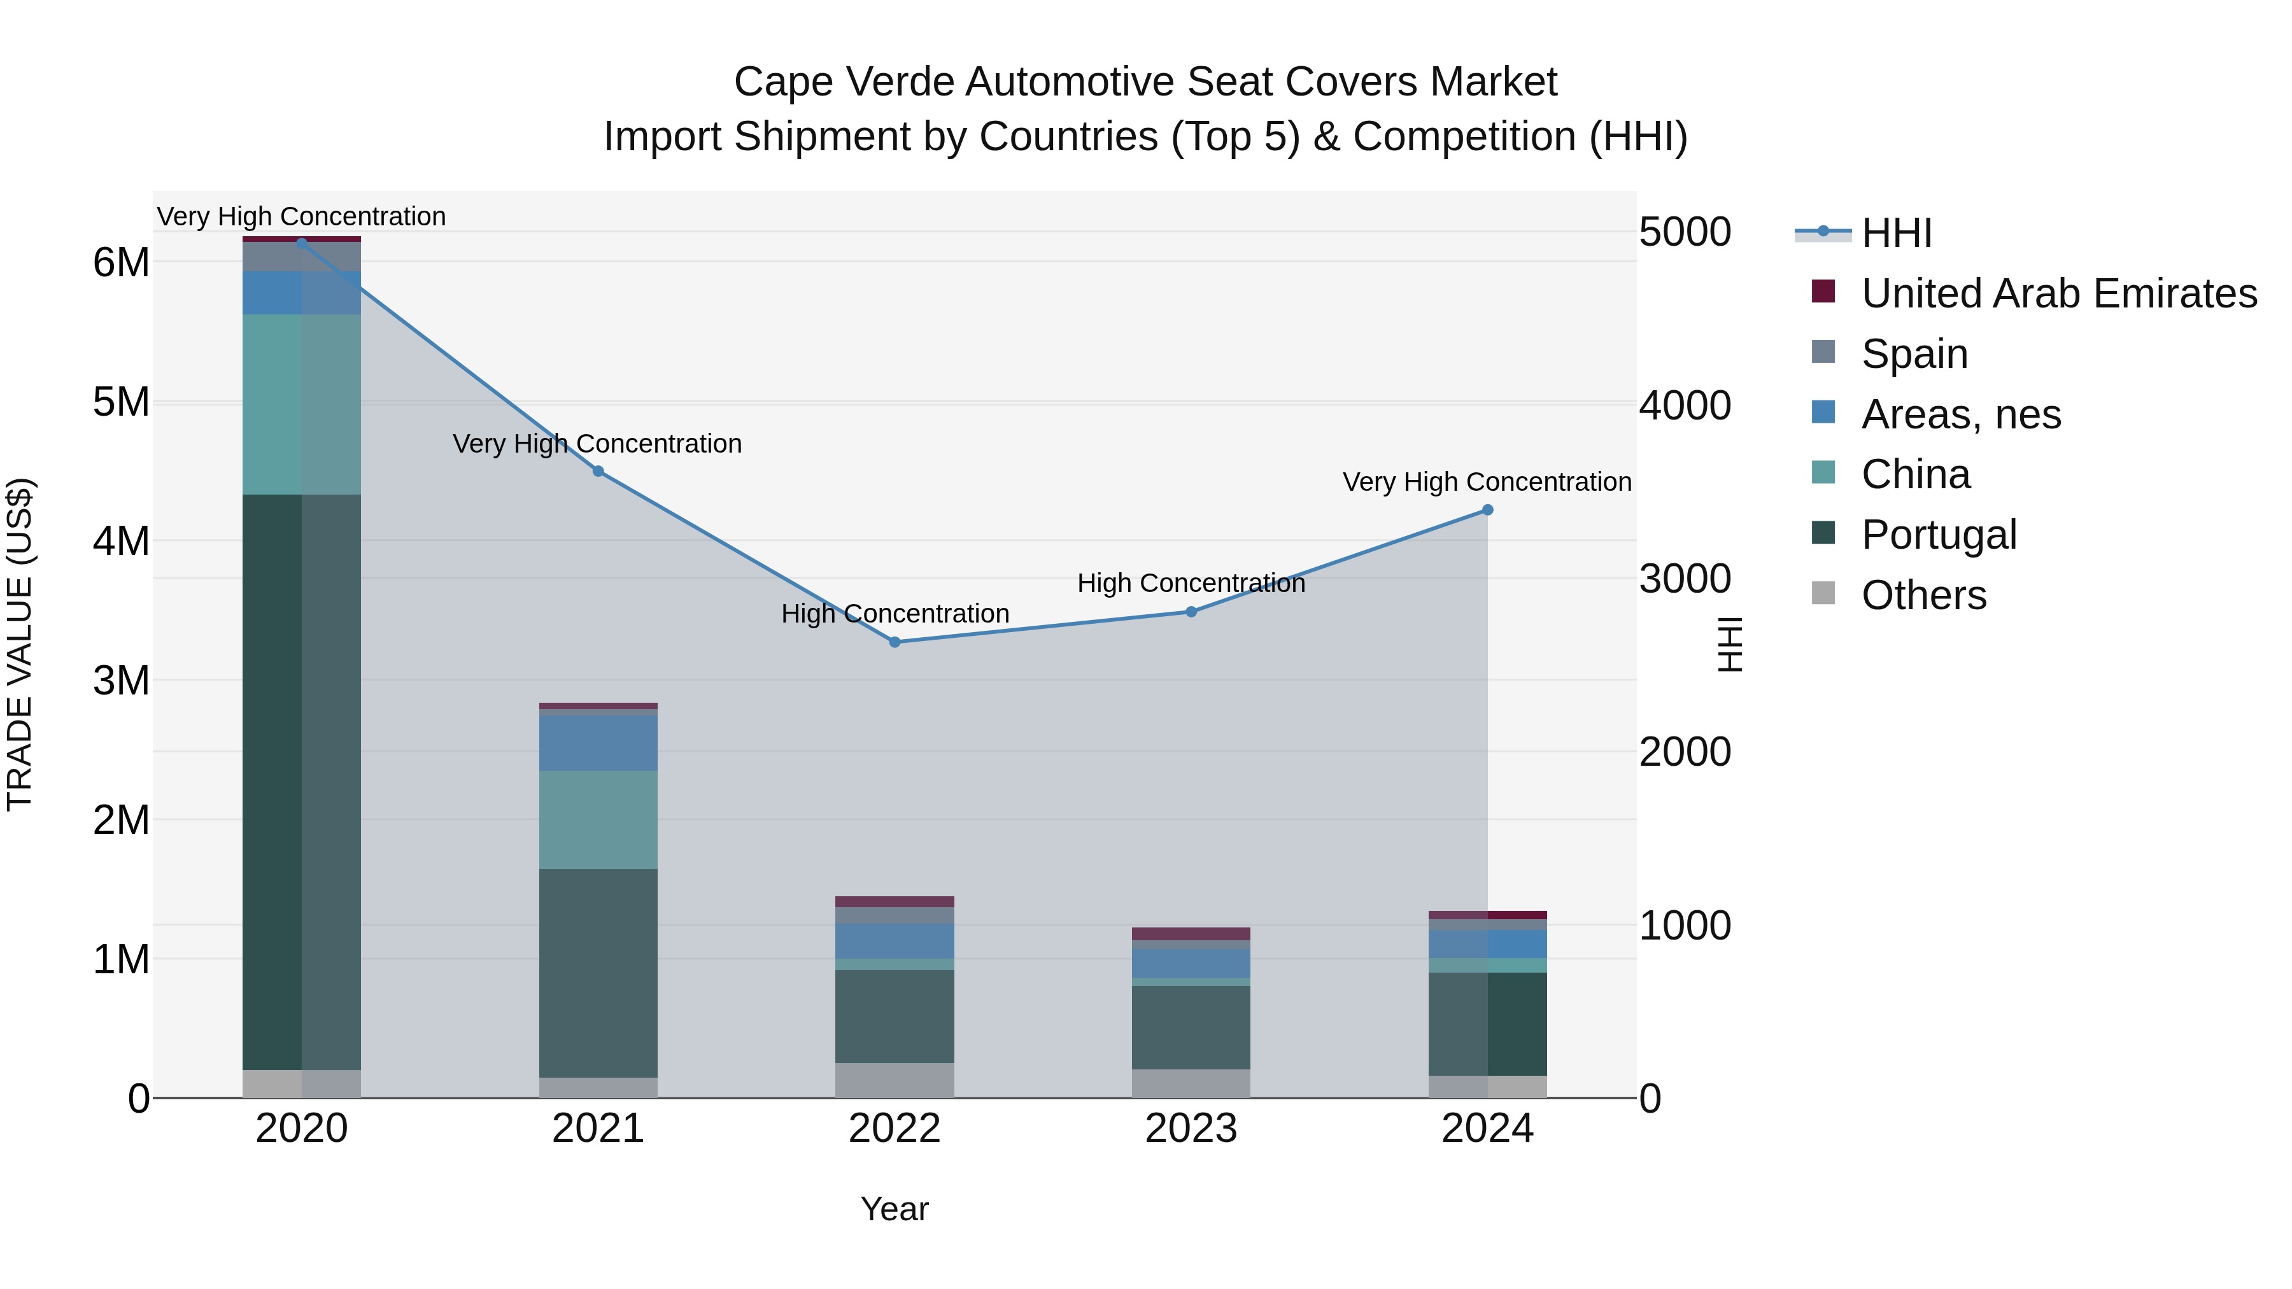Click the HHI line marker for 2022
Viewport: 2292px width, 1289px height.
pyautogui.click(x=895, y=642)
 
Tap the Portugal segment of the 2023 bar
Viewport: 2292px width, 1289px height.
pyautogui.click(x=1191, y=1027)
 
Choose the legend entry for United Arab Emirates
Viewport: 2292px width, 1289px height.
pyautogui.click(x=2058, y=293)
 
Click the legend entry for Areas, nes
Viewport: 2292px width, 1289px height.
pyautogui.click(x=1960, y=414)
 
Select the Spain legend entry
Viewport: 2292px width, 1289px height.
pyautogui.click(x=1914, y=353)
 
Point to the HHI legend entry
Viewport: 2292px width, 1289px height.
pyautogui.click(x=1895, y=233)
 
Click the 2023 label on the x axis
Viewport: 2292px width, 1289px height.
pyautogui.click(x=1191, y=1129)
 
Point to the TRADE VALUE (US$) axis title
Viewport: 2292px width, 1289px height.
pyautogui.click(x=20, y=644)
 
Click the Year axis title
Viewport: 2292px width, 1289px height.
pyautogui.click(x=895, y=1209)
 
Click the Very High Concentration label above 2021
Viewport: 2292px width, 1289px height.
pyautogui.click(x=597, y=443)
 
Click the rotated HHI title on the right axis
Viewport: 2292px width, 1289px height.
pyautogui.click(x=1729, y=644)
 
